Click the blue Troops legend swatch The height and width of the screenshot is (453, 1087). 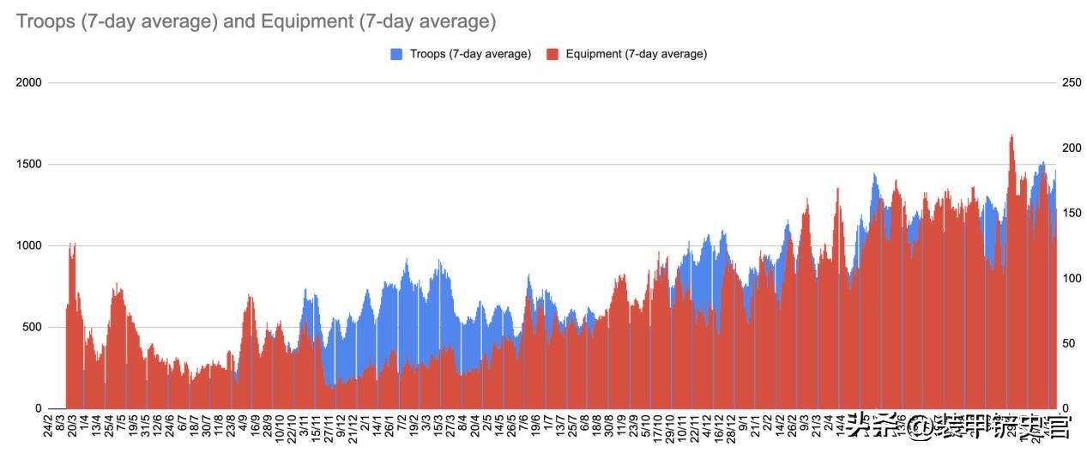[x=396, y=54]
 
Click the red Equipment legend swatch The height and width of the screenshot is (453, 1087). [x=553, y=54]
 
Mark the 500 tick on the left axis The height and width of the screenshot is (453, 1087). [x=32, y=327]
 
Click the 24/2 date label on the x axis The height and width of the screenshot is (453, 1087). [x=48, y=426]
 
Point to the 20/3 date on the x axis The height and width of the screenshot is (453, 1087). [x=72, y=426]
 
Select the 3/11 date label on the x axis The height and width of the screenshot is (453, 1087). [x=304, y=426]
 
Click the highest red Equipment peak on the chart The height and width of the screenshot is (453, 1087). [x=1012, y=136]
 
